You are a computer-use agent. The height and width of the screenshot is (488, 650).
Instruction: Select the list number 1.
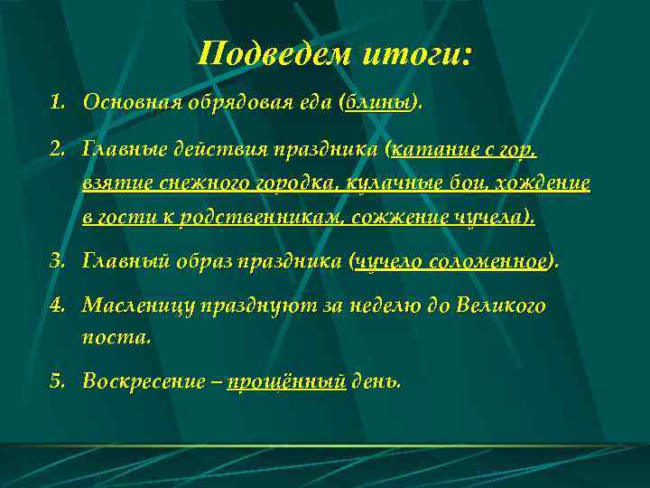(57, 102)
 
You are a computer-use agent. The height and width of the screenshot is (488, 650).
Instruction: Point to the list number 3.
(57, 262)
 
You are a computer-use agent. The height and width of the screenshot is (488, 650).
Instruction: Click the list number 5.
(57, 380)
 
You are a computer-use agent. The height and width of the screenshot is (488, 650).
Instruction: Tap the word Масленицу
(135, 305)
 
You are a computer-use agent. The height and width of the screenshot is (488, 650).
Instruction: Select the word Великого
(506, 305)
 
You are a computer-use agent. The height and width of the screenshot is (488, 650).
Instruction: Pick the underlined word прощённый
(287, 380)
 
